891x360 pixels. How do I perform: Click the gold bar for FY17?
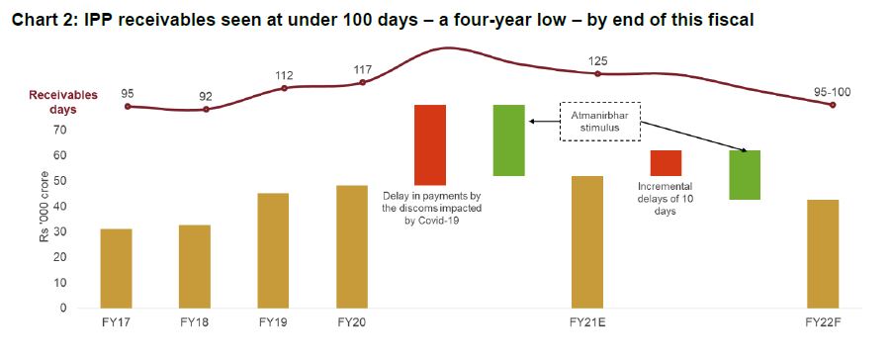coord(116,268)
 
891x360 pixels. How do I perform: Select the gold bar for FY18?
coord(194,266)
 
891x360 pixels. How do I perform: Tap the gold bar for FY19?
coord(273,250)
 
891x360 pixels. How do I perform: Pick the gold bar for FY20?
coord(351,246)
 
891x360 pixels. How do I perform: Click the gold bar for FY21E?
coord(587,241)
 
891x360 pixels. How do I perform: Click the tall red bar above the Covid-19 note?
coord(430,144)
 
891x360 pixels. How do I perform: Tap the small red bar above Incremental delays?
coord(666,163)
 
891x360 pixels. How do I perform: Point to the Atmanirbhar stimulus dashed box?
coord(600,121)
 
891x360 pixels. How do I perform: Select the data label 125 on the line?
coord(599,61)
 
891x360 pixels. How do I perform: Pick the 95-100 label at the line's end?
coord(832,92)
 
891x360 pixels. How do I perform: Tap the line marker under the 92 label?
coord(206,109)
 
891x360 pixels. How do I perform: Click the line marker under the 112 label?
coord(285,88)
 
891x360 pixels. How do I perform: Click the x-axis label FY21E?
coord(587,322)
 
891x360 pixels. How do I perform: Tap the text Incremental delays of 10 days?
coord(665,198)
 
